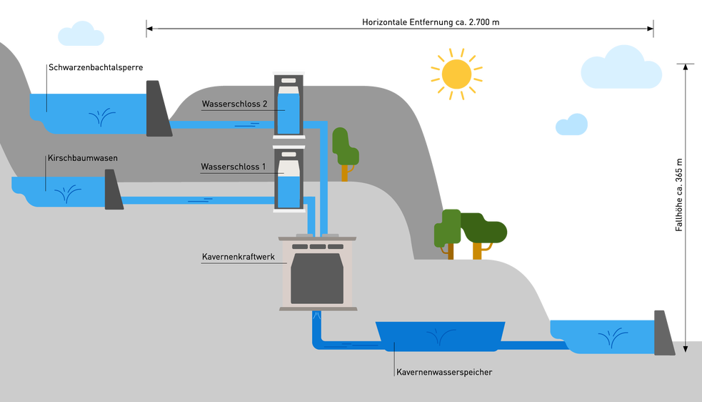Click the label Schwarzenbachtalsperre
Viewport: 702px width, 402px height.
tap(96, 68)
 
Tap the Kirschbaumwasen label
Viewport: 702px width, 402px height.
tap(83, 158)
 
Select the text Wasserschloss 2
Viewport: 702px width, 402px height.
tap(235, 104)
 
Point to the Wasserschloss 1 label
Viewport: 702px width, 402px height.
tap(234, 167)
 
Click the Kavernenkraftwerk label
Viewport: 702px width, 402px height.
tap(239, 257)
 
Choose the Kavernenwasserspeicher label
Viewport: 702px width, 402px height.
tap(444, 373)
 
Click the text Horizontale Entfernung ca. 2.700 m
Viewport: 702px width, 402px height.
tap(431, 22)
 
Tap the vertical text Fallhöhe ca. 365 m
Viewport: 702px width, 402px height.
tap(679, 195)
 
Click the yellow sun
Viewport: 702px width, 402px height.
tap(456, 74)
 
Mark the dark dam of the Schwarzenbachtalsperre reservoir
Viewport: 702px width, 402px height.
tap(159, 109)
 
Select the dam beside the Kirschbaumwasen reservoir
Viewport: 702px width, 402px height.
tap(114, 190)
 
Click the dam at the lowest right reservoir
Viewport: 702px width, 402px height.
tap(663, 333)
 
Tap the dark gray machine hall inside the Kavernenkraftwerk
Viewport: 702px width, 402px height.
tap(317, 278)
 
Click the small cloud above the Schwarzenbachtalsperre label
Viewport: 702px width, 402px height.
tap(81, 34)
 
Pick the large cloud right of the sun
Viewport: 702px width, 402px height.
tap(621, 67)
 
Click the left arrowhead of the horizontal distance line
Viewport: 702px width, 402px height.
tap(149, 29)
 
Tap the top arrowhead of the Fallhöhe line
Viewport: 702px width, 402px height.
tap(685, 67)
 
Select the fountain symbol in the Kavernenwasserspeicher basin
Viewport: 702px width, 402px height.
tap(441, 336)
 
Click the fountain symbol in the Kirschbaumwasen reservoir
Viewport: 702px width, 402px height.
tap(68, 195)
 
